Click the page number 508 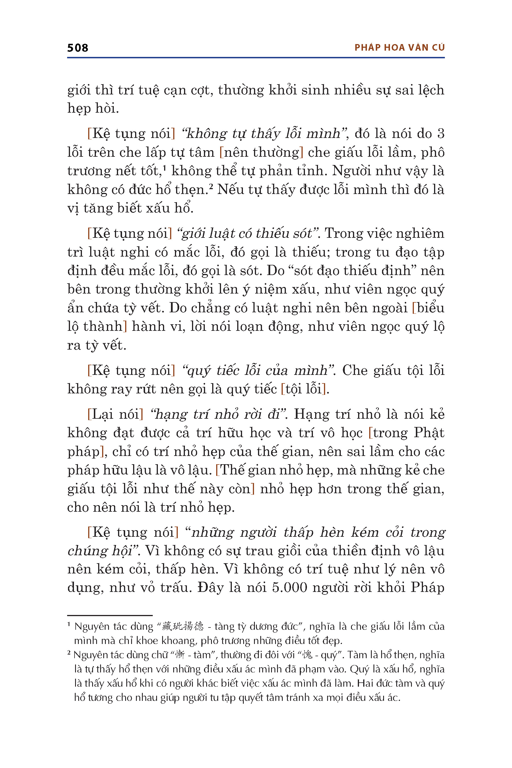click(x=78, y=48)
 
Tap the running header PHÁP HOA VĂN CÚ click(x=399, y=48)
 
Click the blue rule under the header click(x=256, y=58)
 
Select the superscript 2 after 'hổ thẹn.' click(x=211, y=186)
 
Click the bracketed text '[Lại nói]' click(x=115, y=414)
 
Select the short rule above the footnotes click(x=110, y=616)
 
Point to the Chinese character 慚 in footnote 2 click(x=180, y=655)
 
